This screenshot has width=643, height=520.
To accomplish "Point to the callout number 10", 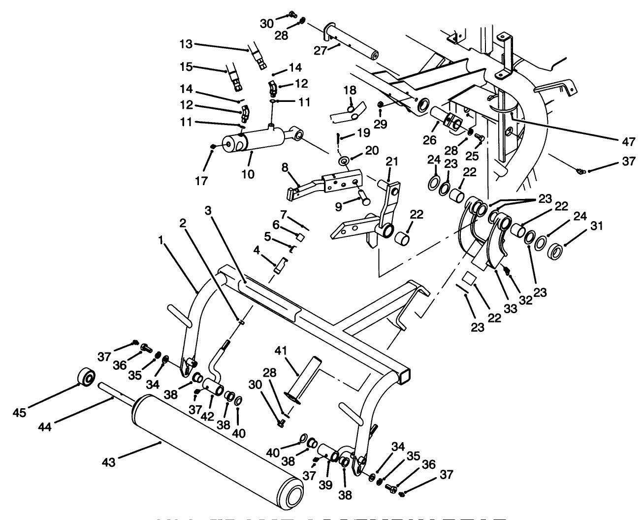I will point(248,173).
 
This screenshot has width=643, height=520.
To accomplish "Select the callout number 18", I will point(349,91).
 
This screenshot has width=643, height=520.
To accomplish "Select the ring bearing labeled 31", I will point(556,251).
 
